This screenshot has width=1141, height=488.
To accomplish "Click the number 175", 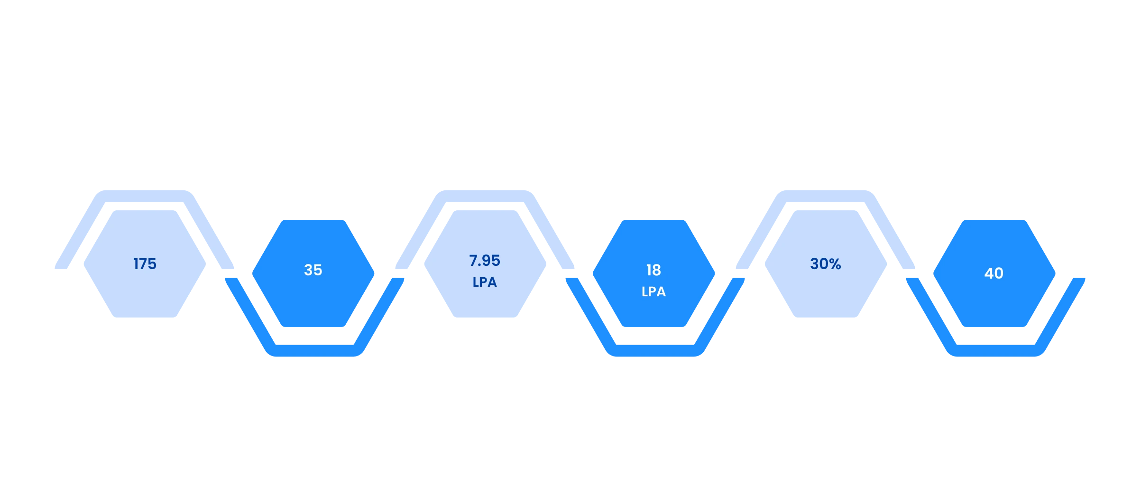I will tap(145, 264).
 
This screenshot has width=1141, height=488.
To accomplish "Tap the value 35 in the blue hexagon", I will tap(313, 270).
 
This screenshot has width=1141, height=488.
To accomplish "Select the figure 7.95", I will tap(485, 261).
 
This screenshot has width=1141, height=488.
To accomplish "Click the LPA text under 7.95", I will tap(485, 282).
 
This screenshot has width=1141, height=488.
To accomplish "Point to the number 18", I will tap(653, 270).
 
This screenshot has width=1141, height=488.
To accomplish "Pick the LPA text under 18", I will tap(653, 291).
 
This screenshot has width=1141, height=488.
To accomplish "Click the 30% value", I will tap(826, 264).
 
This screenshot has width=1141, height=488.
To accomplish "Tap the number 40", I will tap(994, 273).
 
